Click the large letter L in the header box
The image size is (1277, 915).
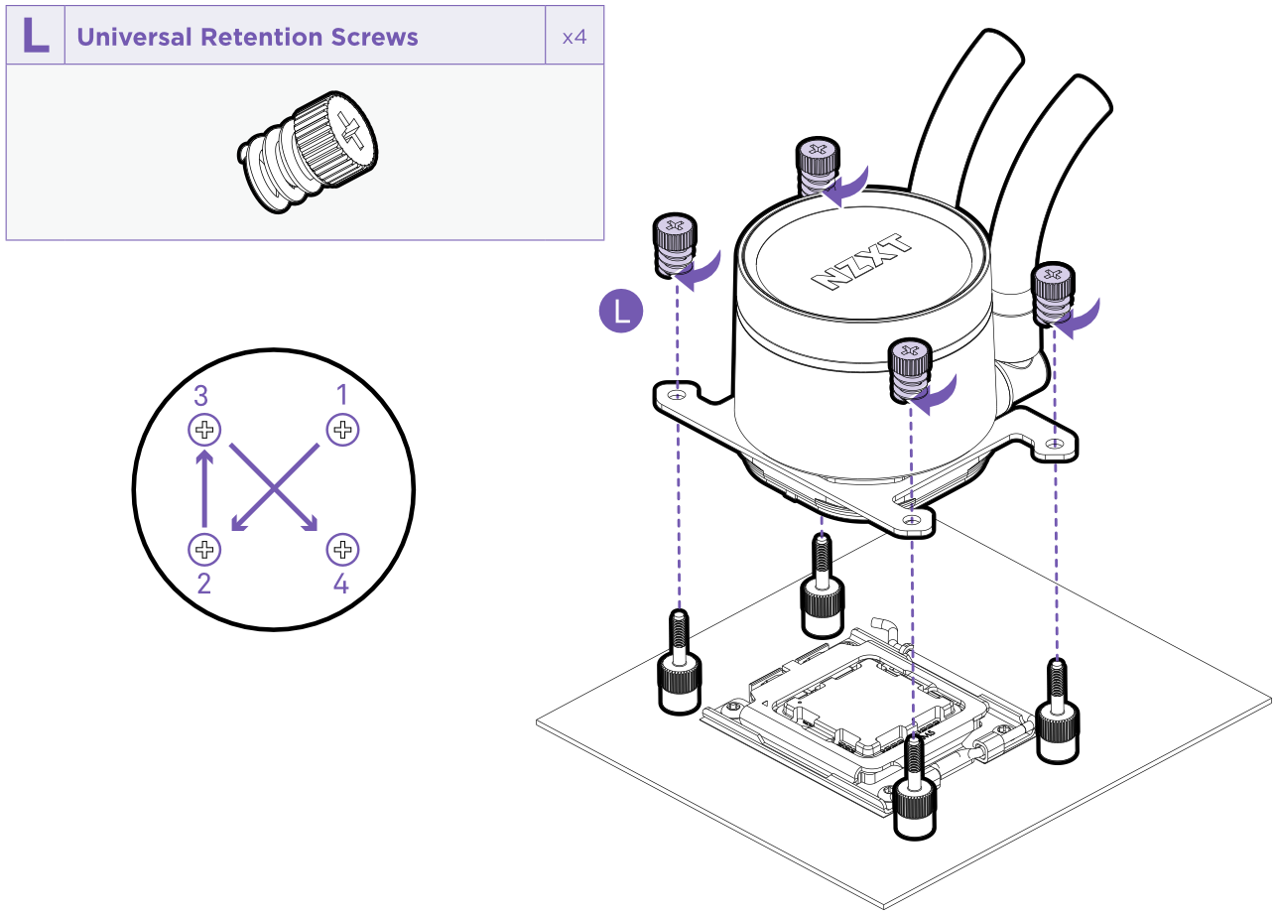point(36,36)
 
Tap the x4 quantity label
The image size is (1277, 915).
point(575,38)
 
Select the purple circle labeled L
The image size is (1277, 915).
point(622,312)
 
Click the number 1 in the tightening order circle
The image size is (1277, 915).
point(342,395)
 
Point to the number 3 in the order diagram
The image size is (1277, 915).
point(200,396)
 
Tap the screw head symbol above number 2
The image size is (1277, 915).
point(204,548)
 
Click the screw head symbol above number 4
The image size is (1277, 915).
point(342,548)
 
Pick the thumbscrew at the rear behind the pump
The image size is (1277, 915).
point(819,166)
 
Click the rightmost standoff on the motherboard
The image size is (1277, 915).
point(1058,714)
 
